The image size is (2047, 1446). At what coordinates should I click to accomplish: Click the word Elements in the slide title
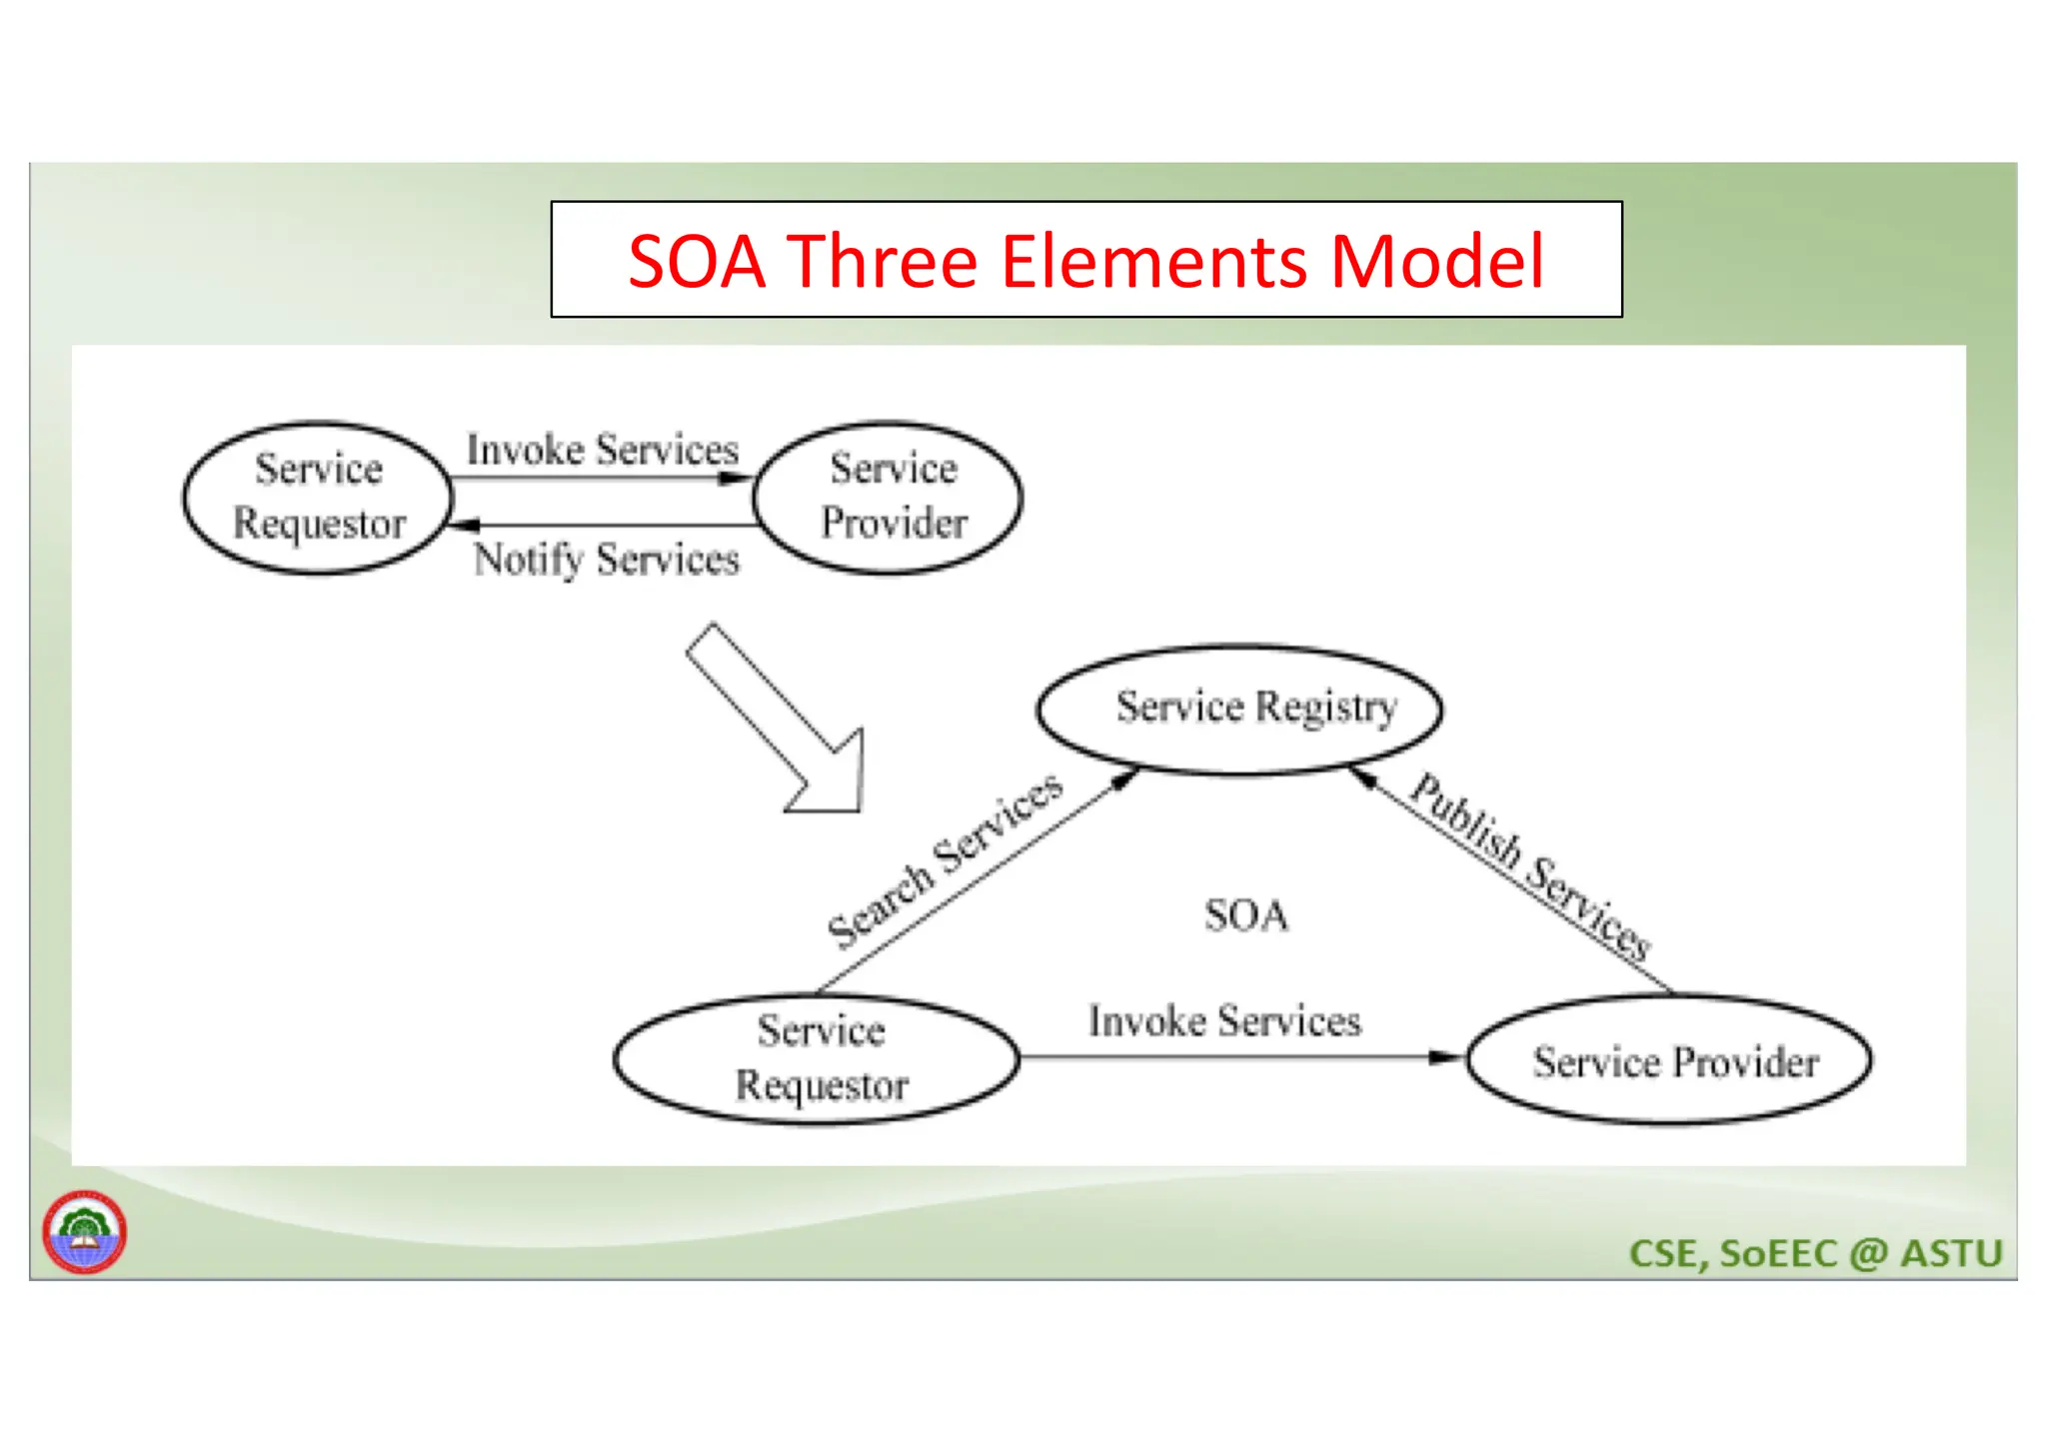1153,262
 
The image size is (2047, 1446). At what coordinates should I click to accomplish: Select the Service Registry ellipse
1239,709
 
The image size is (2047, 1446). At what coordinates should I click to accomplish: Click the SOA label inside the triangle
1245,915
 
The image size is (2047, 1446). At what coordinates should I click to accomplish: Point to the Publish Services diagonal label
1529,865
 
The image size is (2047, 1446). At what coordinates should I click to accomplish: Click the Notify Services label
606,559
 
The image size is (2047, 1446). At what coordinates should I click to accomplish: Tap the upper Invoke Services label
602,450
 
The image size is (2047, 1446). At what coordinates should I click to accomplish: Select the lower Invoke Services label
1224,1021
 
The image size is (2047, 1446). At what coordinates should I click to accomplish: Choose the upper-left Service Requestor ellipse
318,497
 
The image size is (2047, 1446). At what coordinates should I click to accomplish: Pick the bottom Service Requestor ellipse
818,1058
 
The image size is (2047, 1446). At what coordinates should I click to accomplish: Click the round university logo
84,1231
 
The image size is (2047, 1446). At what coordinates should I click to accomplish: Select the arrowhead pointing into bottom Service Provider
1446,1056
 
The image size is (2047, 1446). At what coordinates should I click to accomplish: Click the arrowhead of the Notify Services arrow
465,525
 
